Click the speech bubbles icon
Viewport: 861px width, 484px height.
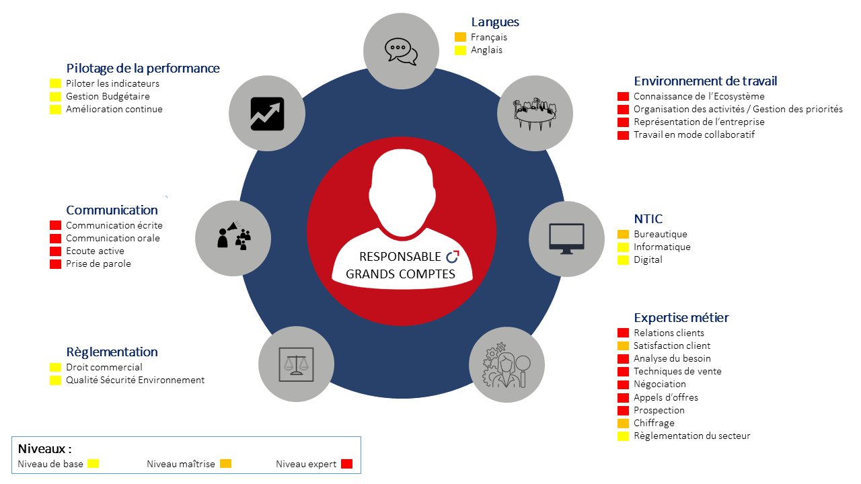coord(402,52)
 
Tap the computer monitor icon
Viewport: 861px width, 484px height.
coord(566,239)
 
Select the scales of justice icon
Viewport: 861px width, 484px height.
coord(296,364)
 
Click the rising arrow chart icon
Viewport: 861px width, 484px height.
coord(267,114)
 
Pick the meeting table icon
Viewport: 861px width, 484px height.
coord(535,114)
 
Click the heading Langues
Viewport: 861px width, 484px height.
coord(495,22)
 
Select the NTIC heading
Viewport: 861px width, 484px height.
coord(648,219)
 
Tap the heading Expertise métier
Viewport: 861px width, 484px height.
coord(681,318)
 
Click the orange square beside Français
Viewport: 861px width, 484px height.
coord(460,37)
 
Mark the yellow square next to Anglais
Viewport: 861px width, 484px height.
coord(460,50)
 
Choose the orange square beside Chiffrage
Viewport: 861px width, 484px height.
coord(623,424)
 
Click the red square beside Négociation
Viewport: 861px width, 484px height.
coord(623,385)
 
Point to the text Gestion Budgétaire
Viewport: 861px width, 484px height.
coord(108,96)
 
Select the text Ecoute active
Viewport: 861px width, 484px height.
coord(95,251)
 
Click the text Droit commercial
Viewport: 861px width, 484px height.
coord(104,367)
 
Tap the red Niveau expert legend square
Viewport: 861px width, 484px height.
coord(346,464)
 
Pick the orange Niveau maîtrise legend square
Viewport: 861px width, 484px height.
coord(225,464)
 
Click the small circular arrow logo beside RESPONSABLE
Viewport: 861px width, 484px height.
coord(453,257)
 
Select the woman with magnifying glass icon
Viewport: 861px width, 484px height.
coord(507,365)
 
